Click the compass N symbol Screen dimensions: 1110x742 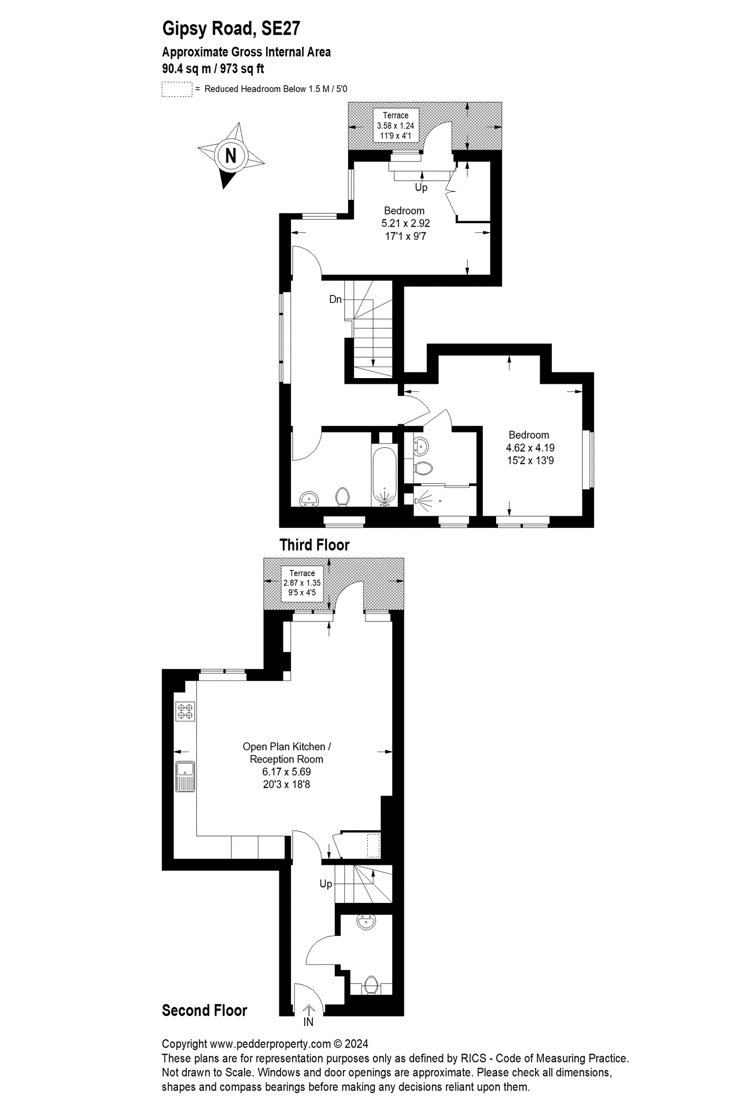pos(231,155)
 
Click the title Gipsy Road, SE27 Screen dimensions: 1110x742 pos(231,28)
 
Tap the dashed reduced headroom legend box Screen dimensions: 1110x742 pos(176,89)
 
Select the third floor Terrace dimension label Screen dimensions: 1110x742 pos(396,125)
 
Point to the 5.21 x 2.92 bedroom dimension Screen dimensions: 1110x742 pos(405,223)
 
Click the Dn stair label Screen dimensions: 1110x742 pos(335,299)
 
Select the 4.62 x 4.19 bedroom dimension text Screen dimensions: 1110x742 pos(530,447)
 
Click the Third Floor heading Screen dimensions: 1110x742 pos(315,545)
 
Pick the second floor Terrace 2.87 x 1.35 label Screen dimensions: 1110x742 pos(302,583)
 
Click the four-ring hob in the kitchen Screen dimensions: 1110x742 pos(185,711)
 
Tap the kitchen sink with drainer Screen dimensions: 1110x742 pos(185,776)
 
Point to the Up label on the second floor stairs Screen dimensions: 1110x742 pos(326,883)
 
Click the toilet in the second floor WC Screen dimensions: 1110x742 pos(371,985)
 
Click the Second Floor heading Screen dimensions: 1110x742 pos(204,1010)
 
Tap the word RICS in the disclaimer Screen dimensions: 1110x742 pos(473,1059)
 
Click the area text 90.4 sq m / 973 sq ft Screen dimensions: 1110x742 pos(213,69)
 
